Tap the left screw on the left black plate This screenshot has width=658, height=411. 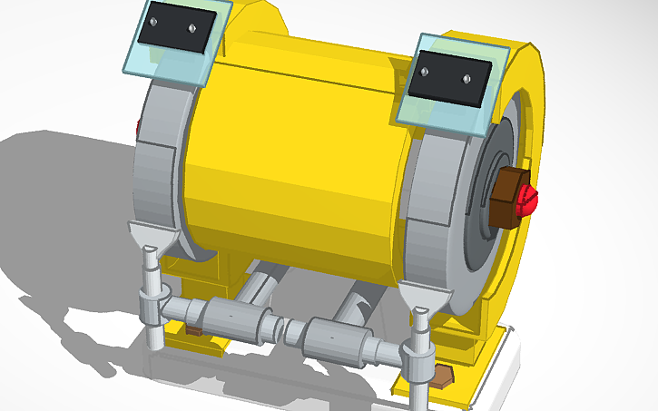tap(153, 21)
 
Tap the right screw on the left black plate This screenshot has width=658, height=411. tap(192, 28)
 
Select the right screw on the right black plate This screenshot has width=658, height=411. tap(466, 79)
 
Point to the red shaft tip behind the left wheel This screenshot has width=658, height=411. tap(138, 127)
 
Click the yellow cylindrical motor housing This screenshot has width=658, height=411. tap(290, 154)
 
